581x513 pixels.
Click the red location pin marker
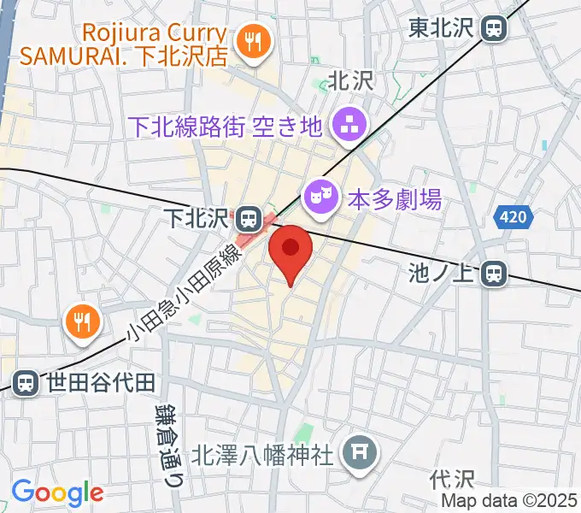click(x=290, y=249)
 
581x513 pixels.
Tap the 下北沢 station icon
click(x=249, y=219)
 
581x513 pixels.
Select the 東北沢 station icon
click(x=494, y=28)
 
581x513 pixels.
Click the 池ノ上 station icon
click(x=493, y=274)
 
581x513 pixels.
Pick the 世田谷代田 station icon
click(x=26, y=382)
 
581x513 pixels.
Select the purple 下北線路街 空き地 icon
click(x=349, y=126)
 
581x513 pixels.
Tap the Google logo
click(x=56, y=493)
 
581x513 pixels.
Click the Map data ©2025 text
click(x=510, y=500)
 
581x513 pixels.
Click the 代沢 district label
click(x=446, y=476)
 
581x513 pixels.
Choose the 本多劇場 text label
click(x=394, y=200)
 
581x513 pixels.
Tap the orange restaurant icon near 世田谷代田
click(x=82, y=322)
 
